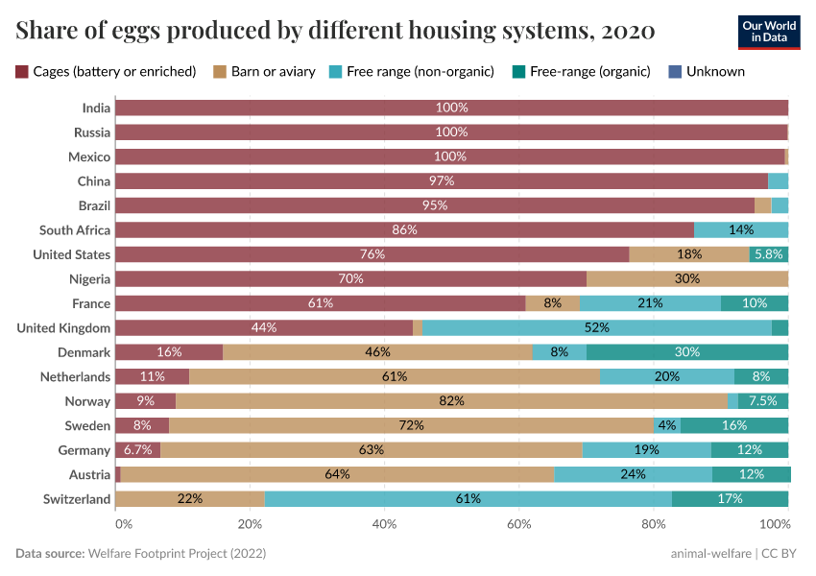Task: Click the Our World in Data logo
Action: (769, 32)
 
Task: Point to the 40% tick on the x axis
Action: (385, 524)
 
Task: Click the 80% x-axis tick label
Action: (654, 524)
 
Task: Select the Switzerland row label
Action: (77, 499)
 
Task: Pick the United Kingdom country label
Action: (64, 328)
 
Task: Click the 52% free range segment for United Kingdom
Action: (596, 328)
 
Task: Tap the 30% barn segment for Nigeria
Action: (687, 279)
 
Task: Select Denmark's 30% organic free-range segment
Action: (687, 352)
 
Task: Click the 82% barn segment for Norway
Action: (451, 401)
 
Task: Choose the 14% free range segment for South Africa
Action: (741, 230)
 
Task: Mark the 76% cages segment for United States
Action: (372, 254)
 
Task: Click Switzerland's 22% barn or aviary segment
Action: (190, 499)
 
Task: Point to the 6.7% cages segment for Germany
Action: (137, 450)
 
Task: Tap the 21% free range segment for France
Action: (650, 303)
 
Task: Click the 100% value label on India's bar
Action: (451, 108)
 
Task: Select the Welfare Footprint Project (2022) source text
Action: (177, 554)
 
